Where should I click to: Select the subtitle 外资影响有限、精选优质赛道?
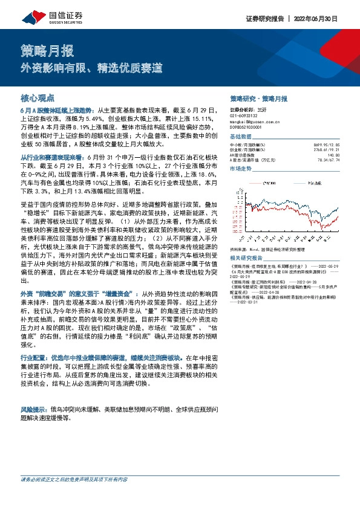91,68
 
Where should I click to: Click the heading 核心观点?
38,97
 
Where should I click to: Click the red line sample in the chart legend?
253,180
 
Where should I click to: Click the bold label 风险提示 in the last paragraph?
34,392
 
